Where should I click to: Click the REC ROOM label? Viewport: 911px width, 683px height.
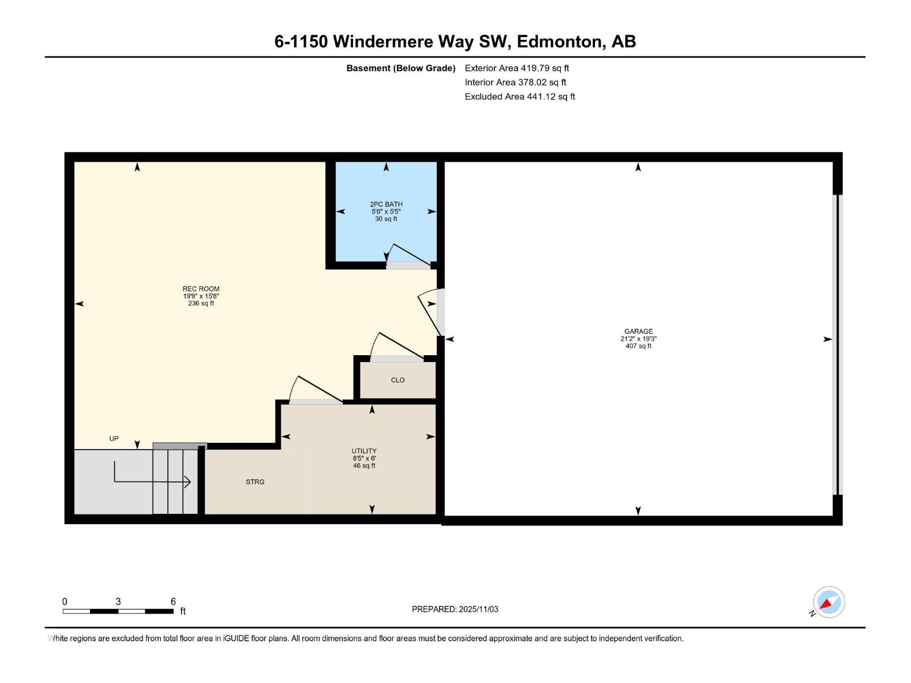pos(201,289)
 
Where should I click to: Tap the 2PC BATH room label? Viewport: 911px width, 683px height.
pos(386,204)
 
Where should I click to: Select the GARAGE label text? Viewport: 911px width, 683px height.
pos(638,331)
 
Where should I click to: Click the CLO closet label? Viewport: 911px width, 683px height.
pos(397,380)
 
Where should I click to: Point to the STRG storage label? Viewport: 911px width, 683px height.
pos(255,482)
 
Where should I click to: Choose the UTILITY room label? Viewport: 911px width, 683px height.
pos(364,451)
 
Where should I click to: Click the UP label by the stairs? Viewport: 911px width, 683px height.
pos(114,439)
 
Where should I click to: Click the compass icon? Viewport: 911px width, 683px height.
pos(828,602)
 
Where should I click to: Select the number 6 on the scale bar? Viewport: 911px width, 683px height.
pos(173,602)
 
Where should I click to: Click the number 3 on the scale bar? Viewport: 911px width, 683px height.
pos(118,602)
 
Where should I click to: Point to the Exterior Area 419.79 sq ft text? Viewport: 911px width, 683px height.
pos(516,68)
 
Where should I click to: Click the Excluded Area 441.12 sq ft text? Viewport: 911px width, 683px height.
pos(519,97)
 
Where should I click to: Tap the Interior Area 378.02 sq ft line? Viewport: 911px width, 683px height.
pos(515,83)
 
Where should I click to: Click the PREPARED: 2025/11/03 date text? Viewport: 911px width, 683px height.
pos(455,609)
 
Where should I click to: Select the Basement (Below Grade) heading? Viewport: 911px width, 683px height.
pos(401,68)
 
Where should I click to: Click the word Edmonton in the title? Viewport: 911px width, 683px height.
pos(559,42)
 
